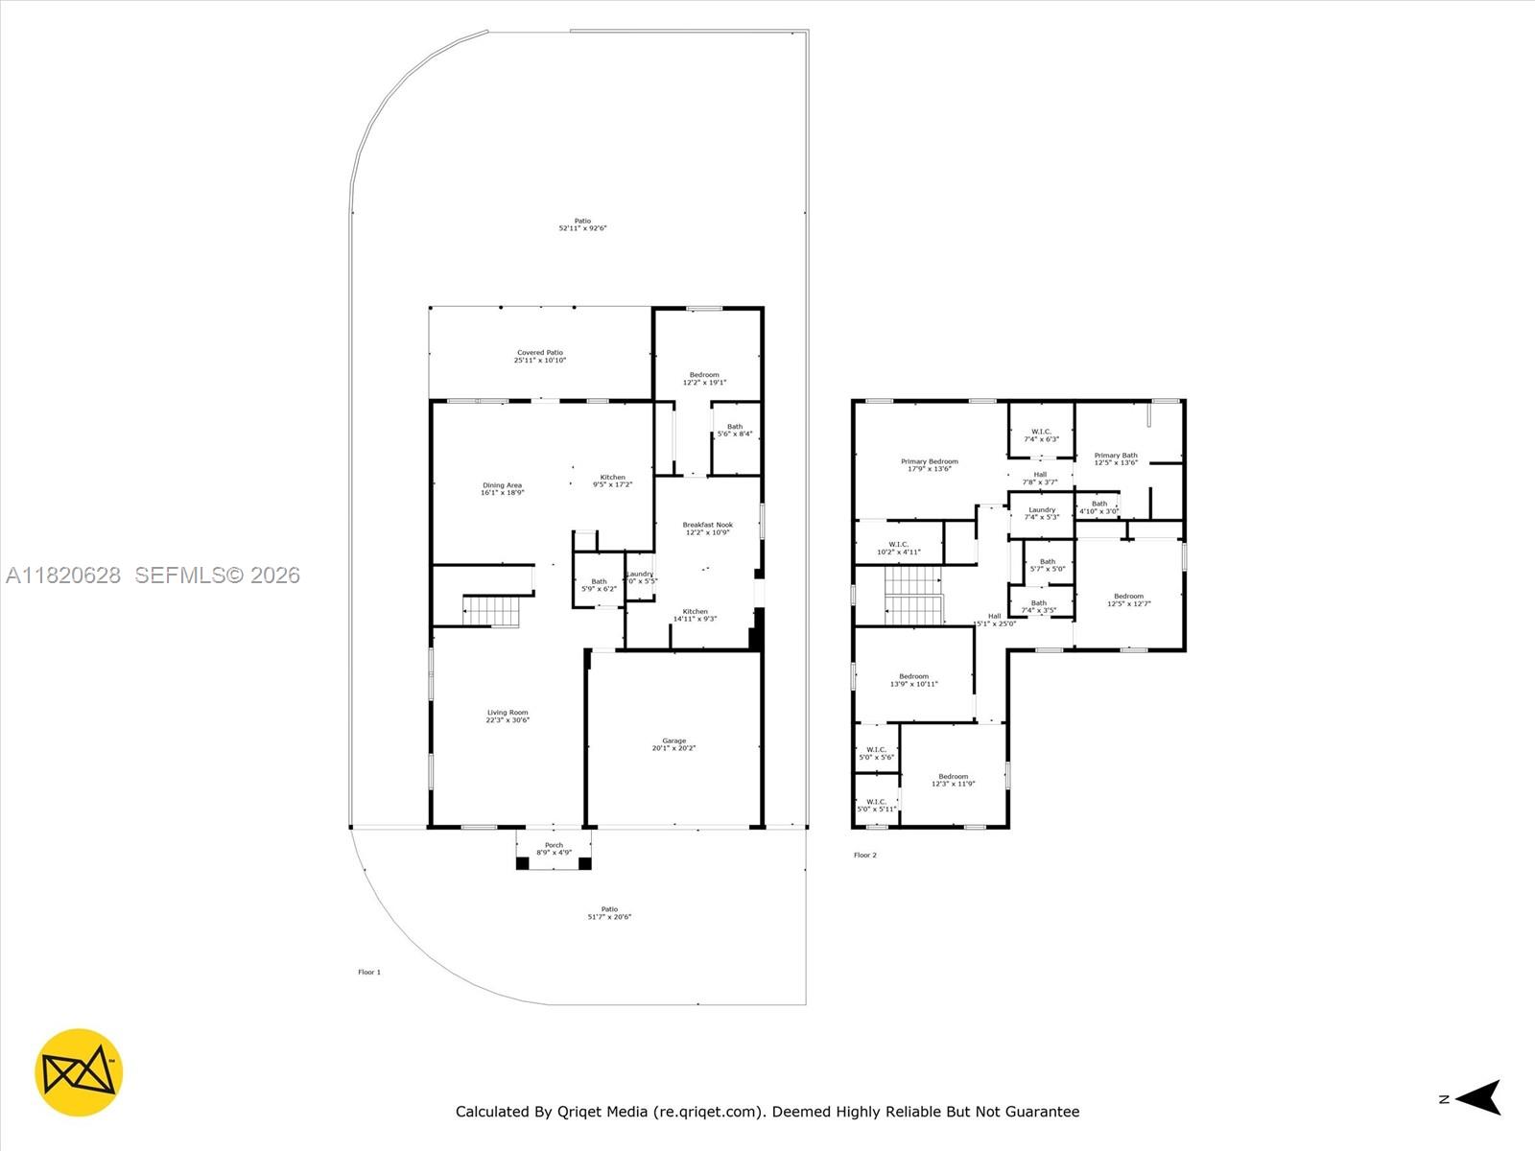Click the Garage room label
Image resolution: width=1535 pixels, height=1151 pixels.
(x=673, y=744)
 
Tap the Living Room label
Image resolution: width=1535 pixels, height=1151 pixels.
(x=508, y=716)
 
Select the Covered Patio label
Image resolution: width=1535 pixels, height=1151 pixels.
(x=540, y=357)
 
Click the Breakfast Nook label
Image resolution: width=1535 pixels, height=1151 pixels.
(x=707, y=529)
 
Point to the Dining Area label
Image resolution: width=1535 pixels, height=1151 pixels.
(x=502, y=488)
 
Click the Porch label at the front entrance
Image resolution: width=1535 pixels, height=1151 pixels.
(x=554, y=848)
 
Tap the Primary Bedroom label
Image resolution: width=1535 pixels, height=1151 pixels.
(x=929, y=465)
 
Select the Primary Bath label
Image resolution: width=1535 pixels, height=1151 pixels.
(x=1116, y=458)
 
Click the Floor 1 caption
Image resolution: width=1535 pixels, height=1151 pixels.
(x=369, y=972)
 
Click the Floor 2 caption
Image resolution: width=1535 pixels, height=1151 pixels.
(x=864, y=855)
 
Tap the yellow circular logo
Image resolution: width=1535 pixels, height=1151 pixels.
(x=79, y=1072)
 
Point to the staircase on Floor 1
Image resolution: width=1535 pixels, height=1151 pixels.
(x=491, y=611)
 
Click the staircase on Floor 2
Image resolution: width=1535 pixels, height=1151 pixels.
(x=914, y=596)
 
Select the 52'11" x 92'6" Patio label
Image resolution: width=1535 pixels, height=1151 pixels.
(x=582, y=224)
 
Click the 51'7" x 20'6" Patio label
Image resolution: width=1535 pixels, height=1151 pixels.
(x=609, y=913)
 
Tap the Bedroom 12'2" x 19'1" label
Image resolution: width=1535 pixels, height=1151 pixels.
(x=704, y=379)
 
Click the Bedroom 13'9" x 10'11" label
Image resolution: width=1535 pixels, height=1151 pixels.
(x=913, y=680)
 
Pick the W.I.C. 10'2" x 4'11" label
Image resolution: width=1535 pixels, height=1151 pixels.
(x=898, y=548)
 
